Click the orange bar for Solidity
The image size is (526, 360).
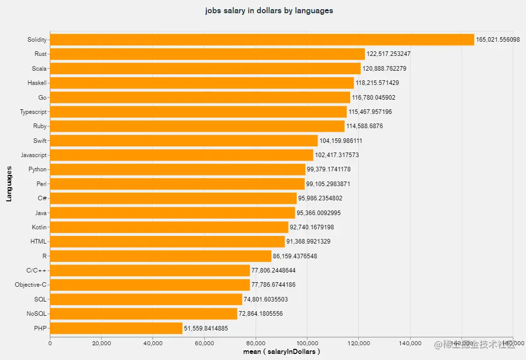(262, 40)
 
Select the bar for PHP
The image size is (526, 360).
(116, 328)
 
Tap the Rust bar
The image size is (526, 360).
(207, 54)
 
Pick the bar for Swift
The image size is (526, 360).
(183, 140)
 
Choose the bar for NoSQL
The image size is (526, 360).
(143, 314)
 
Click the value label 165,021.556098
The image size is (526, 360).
(498, 40)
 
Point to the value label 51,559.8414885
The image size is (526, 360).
(206, 328)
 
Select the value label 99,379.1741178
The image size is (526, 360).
(329, 169)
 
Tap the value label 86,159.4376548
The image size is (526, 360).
(295, 256)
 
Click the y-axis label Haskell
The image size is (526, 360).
(37, 83)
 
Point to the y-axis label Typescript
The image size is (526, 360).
(34, 112)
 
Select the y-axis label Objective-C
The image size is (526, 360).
(30, 285)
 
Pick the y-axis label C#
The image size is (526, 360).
(43, 198)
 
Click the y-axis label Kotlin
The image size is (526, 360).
(39, 227)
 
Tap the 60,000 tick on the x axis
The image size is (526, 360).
(204, 344)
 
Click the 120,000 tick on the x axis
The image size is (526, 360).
(358, 344)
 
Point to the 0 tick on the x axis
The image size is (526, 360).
(50, 344)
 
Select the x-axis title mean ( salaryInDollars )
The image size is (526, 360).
(281, 351)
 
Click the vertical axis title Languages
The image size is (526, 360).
(9, 184)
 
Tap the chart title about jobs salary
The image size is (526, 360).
(269, 10)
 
